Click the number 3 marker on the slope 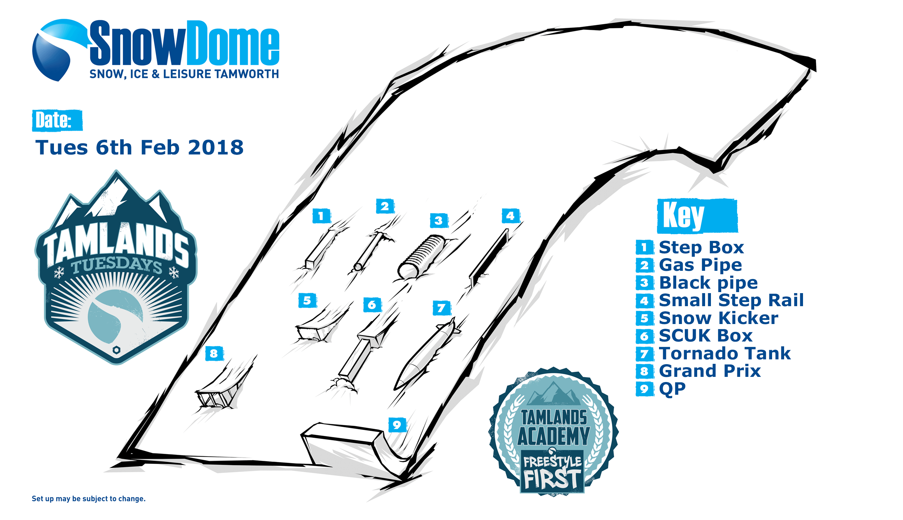click(x=439, y=220)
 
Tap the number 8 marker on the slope click(x=214, y=354)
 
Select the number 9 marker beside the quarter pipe click(x=397, y=425)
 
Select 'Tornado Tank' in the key click(x=725, y=353)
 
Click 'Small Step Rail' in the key click(x=731, y=300)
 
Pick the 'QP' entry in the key click(x=672, y=389)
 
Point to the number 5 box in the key click(x=645, y=318)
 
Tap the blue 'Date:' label click(x=57, y=120)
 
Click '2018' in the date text click(x=215, y=148)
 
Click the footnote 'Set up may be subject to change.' click(x=89, y=499)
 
